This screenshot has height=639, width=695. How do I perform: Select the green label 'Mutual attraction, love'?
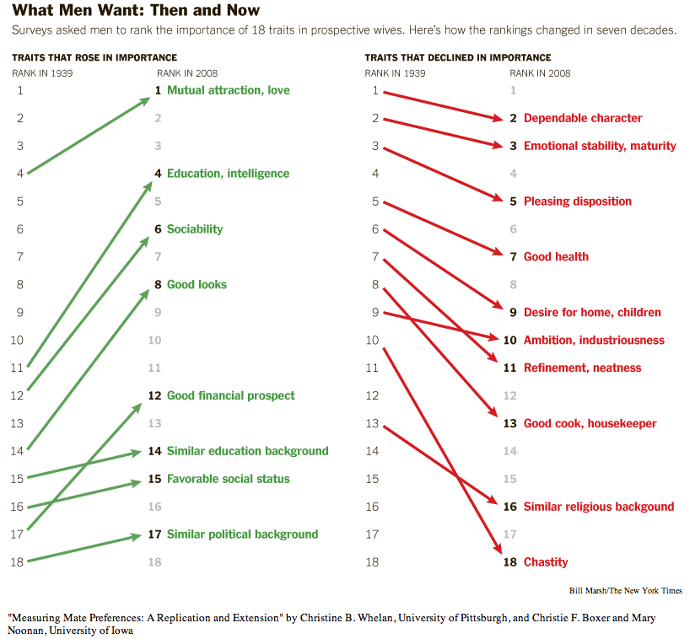[228, 90]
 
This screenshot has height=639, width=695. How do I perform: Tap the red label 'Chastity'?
[546, 562]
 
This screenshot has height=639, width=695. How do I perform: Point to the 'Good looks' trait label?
[197, 285]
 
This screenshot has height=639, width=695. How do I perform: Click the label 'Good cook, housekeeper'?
[590, 424]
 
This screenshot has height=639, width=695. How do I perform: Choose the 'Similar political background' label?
[242, 534]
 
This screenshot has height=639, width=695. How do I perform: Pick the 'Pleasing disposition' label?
[577, 201]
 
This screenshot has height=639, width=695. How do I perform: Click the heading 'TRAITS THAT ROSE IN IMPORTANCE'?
[94, 58]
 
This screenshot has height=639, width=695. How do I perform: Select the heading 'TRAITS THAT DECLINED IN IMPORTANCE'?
[458, 58]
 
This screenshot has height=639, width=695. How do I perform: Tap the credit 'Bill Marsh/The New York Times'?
[626, 591]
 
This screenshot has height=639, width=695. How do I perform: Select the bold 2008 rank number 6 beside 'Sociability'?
[158, 229]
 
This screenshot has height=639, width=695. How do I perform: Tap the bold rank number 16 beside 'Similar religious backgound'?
[509, 507]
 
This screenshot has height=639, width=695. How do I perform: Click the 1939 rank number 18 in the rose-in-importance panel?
[19, 562]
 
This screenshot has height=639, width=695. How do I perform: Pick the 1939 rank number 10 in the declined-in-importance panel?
[372, 341]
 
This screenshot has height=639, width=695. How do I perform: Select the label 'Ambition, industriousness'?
[594, 341]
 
